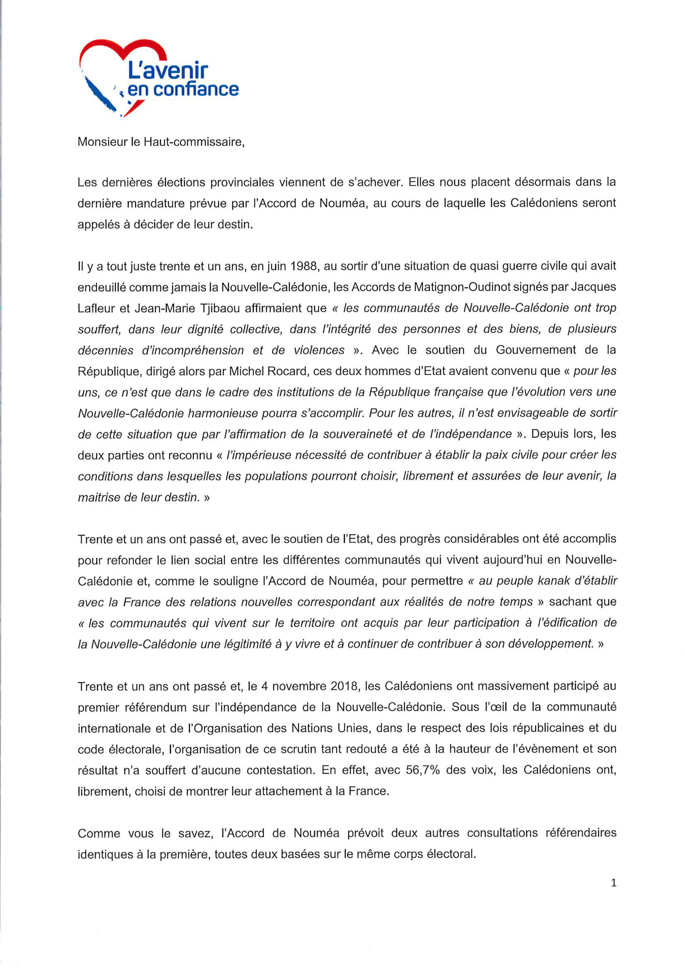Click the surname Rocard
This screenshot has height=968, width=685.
[289, 371]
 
